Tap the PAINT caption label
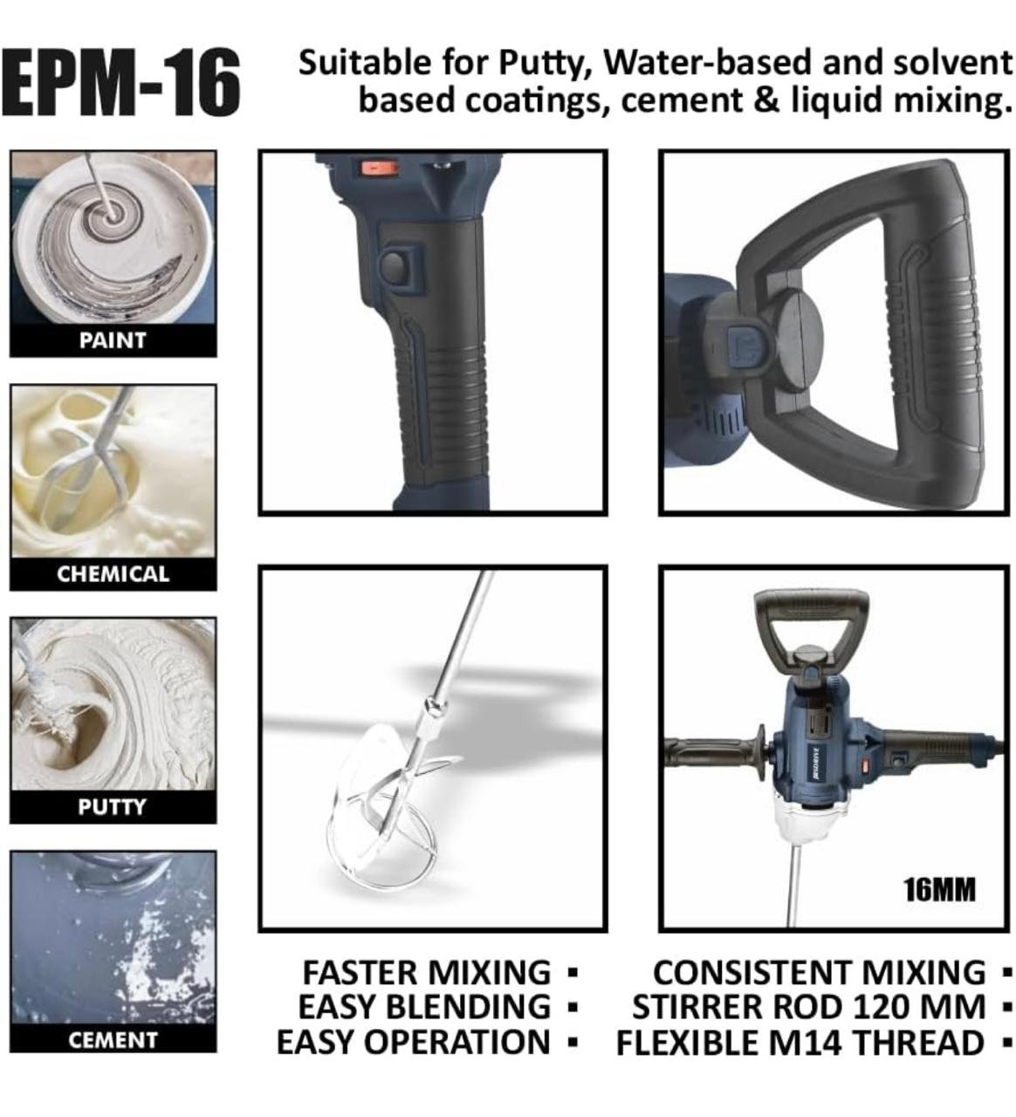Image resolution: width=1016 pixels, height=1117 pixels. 113,339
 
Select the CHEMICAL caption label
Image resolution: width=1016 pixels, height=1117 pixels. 113,573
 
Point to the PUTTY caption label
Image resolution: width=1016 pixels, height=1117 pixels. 112,806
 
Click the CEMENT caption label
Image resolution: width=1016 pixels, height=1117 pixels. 113,1039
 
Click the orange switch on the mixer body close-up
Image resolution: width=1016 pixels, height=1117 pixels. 375,167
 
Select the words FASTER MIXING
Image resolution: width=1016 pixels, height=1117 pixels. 427,972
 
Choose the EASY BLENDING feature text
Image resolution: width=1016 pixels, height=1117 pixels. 424,1006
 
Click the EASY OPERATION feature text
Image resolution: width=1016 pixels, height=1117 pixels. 414,1041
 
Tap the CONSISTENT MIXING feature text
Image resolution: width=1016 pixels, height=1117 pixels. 819,972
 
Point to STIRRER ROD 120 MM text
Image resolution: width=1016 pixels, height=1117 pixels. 809,1006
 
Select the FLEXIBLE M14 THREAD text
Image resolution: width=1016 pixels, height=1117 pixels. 800,1041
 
